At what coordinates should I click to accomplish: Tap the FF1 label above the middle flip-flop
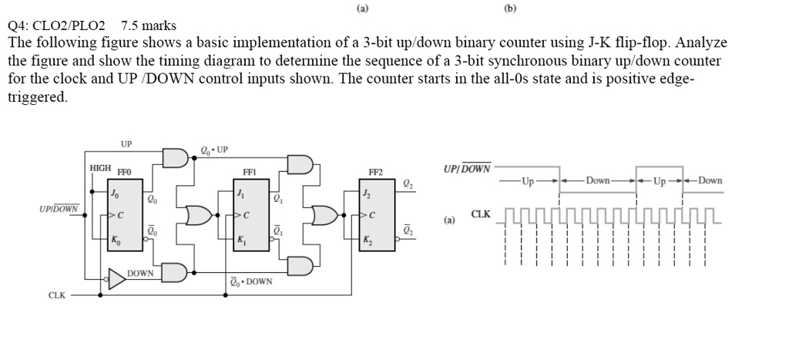tap(250, 173)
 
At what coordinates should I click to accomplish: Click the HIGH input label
tap(101, 167)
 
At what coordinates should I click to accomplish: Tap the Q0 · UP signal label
tap(213, 150)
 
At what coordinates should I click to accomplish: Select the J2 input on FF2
tap(367, 193)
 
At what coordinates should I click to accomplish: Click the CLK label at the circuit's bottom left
tap(57, 294)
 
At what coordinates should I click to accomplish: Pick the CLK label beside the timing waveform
tap(481, 214)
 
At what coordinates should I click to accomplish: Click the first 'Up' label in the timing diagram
tap(529, 182)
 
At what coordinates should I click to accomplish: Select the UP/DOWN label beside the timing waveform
tap(467, 168)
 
